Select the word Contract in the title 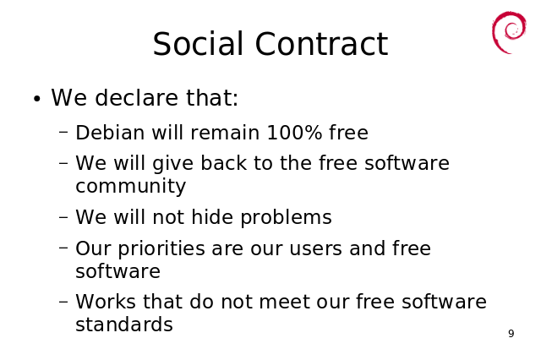coord(321,44)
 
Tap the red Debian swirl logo coord(509,33)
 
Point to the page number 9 coord(511,334)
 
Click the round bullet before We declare coord(37,100)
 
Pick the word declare coord(137,97)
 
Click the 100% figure coord(294,133)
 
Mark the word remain coord(225,133)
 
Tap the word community coord(130,187)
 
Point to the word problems coord(286,218)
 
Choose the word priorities coord(161,249)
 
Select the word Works coord(106,302)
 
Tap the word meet coord(284,302)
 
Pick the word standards coord(124,325)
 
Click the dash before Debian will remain coord(63,131)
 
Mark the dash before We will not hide coord(63,217)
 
